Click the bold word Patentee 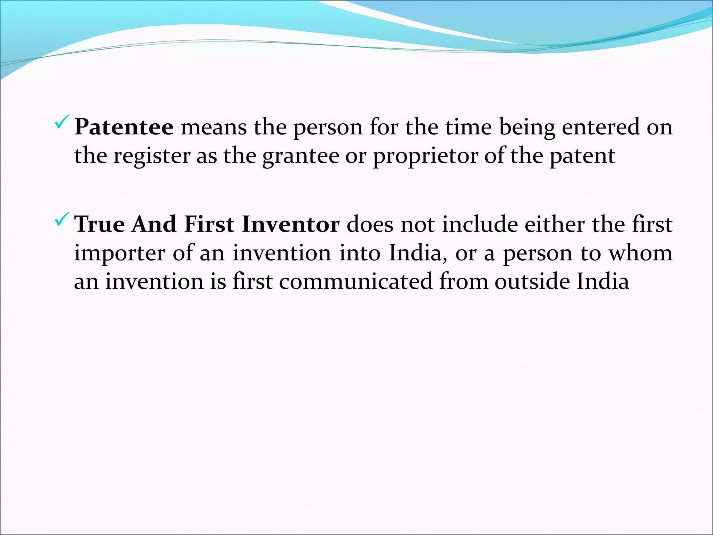pyautogui.click(x=124, y=127)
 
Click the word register pyautogui.click(x=152, y=156)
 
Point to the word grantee pyautogui.click(x=300, y=156)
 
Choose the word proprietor pyautogui.click(x=425, y=156)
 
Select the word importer pyautogui.click(x=119, y=253)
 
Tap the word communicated pyautogui.click(x=355, y=281)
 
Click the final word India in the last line pyautogui.click(x=603, y=281)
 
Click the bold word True pyautogui.click(x=100, y=224)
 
